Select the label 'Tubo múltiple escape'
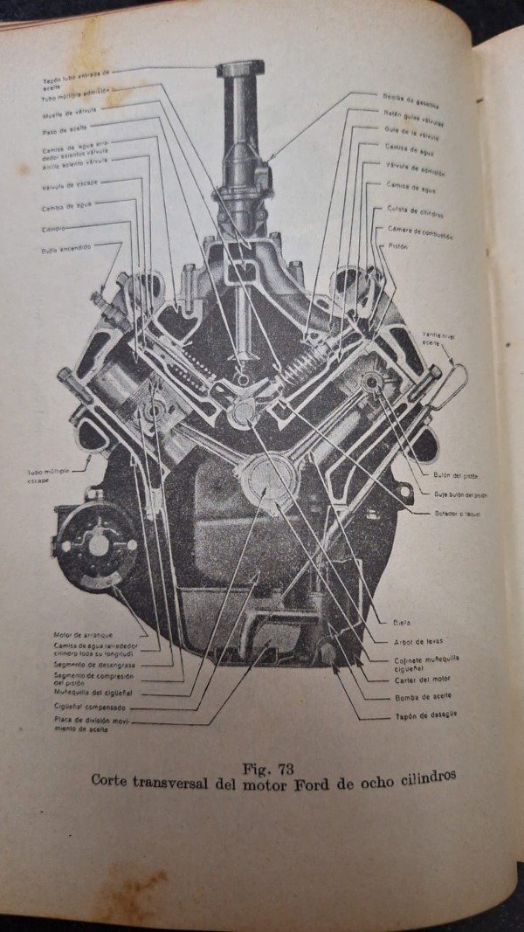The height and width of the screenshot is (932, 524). point(47,475)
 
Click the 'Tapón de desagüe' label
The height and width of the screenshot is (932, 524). point(426,715)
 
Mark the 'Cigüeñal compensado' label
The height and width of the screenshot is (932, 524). point(89,708)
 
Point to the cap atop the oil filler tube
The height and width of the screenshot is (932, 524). point(240,68)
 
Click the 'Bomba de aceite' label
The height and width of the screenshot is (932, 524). point(424,697)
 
